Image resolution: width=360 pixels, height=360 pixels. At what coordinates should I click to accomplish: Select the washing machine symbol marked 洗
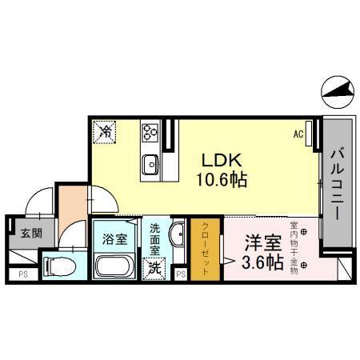154,269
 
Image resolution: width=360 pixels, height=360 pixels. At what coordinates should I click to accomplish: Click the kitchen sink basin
150,165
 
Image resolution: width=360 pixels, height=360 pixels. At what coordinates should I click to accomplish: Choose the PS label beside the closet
182,275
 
